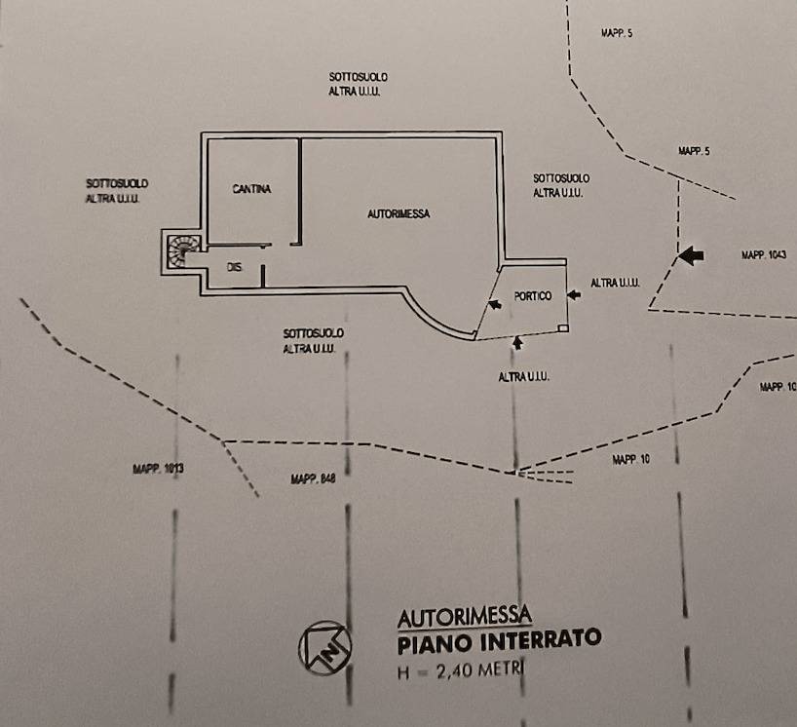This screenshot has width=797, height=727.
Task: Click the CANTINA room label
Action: (x=251, y=189)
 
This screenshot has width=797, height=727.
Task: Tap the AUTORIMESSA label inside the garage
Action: (x=398, y=213)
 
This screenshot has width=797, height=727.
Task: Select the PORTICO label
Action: (x=533, y=295)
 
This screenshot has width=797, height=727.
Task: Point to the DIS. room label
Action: (x=234, y=267)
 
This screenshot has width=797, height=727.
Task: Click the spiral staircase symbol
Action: (x=183, y=251)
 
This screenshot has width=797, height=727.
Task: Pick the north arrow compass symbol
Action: (x=323, y=646)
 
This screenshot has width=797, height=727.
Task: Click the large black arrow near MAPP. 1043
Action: (x=690, y=255)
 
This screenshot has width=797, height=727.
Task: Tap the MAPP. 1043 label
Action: (x=764, y=255)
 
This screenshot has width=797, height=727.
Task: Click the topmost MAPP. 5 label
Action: (x=616, y=33)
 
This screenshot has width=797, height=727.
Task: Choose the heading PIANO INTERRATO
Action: (x=499, y=640)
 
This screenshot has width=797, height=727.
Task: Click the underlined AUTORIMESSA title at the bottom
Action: (x=464, y=616)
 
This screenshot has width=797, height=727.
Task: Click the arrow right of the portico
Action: (x=574, y=294)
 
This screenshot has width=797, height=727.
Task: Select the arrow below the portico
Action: (x=516, y=342)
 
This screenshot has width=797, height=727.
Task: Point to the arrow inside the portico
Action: (x=496, y=305)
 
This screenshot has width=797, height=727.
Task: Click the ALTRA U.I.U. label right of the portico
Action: (x=615, y=283)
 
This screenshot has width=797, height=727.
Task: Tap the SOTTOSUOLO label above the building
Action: (x=353, y=77)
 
